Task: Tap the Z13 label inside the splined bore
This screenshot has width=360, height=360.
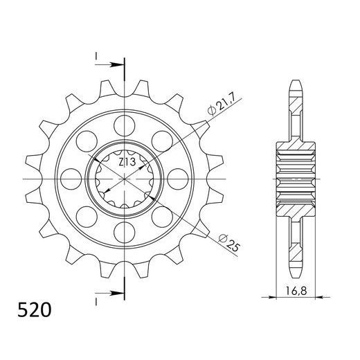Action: click(x=126, y=163)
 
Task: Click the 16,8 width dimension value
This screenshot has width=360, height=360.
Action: click(x=299, y=292)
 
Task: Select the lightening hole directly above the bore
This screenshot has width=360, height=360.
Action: click(x=125, y=125)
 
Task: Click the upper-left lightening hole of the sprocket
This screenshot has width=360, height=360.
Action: click(x=88, y=141)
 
